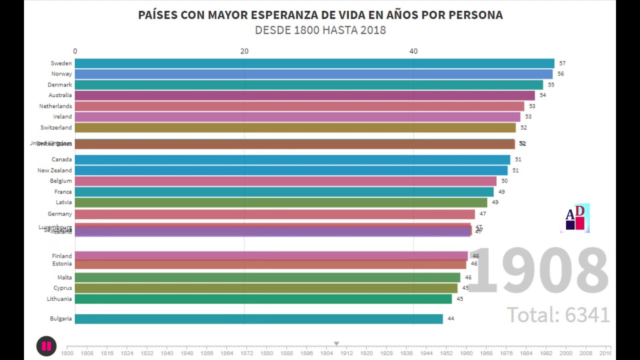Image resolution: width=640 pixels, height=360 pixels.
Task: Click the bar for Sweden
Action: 314,63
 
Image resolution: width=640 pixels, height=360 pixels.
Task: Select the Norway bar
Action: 313,74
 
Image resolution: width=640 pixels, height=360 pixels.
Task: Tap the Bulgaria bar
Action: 258,319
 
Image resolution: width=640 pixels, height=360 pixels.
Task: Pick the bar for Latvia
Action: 280,202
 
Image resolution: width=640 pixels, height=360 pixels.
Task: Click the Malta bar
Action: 267,277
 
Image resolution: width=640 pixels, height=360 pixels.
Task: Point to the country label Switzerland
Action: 56,127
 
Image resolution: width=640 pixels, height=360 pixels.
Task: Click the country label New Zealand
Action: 54,170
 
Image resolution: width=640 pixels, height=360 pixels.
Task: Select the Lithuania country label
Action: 59,299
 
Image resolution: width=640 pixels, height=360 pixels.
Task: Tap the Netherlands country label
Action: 55,106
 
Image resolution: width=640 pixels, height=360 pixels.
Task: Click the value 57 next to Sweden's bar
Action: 562,63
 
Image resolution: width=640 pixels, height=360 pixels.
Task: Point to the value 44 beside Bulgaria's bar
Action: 450,318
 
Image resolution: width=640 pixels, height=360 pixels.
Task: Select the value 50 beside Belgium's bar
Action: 504,181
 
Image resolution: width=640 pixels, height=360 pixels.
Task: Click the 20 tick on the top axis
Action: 244,51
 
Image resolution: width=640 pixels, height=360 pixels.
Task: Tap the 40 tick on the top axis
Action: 413,51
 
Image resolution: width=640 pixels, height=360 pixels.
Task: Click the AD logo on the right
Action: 575,218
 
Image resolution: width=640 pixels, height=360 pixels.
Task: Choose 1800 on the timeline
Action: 67,353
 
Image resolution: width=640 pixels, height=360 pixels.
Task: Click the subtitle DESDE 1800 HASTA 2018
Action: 320,30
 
